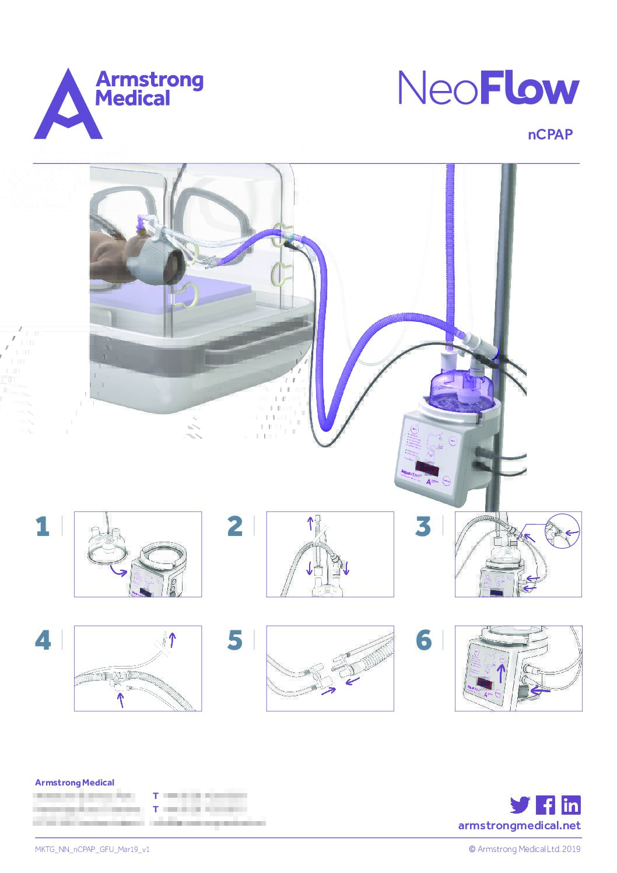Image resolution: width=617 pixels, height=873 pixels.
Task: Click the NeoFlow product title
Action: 489,89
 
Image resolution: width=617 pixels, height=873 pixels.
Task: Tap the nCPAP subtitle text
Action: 550,134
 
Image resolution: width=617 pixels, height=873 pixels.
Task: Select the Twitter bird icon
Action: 520,805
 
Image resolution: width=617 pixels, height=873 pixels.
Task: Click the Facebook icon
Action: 545,805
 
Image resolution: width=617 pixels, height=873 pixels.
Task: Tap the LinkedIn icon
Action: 571,805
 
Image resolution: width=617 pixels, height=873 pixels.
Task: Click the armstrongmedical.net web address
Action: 519,825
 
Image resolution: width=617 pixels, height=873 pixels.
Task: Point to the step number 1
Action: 42,527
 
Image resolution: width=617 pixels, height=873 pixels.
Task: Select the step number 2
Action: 234,527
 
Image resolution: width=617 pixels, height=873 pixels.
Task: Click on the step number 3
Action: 423,527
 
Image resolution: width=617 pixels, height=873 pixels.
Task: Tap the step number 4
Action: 43,640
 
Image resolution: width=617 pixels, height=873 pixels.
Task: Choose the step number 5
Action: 234,640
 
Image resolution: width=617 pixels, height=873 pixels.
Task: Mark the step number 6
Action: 424,640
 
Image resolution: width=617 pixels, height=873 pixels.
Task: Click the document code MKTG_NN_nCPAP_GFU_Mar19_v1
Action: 92,849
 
